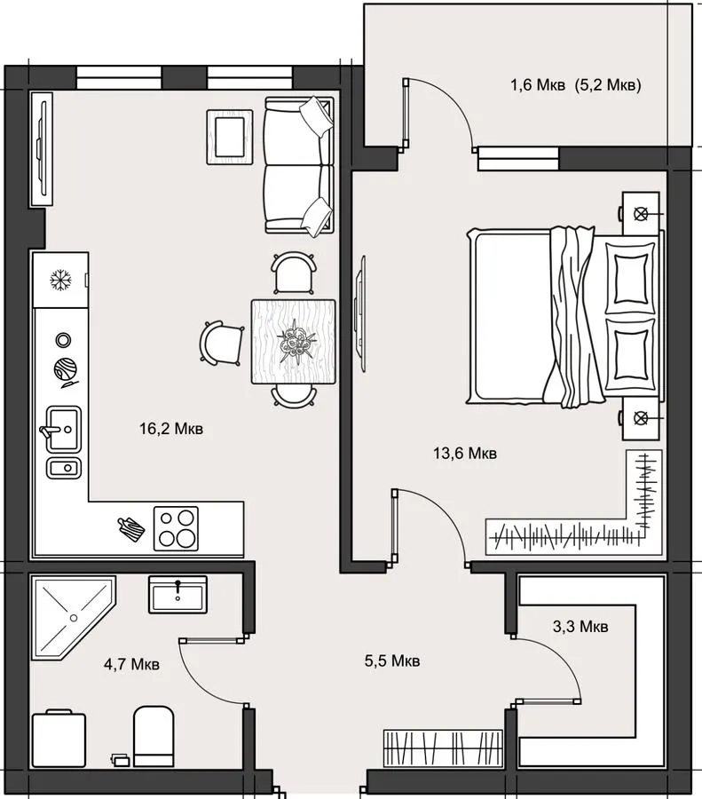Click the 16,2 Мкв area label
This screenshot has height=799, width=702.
(171, 429)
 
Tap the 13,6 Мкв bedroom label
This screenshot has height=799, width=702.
(465, 453)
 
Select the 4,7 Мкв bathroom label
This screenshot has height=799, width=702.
(131, 664)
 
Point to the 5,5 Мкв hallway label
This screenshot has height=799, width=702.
(392, 661)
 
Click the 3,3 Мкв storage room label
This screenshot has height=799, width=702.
(580, 626)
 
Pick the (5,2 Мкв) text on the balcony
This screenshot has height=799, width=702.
(608, 84)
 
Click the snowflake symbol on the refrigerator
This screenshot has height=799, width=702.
(60, 280)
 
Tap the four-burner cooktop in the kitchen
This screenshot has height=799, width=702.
(177, 528)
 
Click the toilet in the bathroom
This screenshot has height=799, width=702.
(154, 736)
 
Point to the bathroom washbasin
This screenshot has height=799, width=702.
(177, 595)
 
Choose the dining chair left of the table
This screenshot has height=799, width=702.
(222, 343)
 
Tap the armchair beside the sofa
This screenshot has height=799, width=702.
(230, 137)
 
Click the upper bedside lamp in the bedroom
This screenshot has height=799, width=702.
(641, 214)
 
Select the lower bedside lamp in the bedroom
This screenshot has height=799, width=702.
(641, 418)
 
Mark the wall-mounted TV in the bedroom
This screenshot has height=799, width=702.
(361, 313)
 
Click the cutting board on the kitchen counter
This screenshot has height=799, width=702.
(131, 529)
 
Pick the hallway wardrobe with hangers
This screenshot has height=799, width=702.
(443, 748)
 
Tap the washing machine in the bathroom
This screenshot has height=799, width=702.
(59, 739)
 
